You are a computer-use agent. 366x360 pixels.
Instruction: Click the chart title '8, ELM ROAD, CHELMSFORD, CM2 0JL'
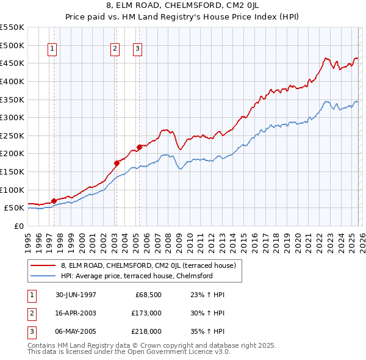(182, 7)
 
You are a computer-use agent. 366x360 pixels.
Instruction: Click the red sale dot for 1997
(54, 201)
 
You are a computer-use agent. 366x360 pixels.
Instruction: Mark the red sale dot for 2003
(116, 163)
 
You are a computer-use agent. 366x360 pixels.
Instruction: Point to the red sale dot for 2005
(138, 147)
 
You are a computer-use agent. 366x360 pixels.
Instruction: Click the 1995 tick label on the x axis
(28, 240)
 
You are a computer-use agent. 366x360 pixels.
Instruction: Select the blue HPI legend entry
(136, 276)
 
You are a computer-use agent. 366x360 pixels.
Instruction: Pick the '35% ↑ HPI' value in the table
(203, 331)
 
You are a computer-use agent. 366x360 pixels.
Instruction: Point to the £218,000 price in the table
(146, 331)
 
